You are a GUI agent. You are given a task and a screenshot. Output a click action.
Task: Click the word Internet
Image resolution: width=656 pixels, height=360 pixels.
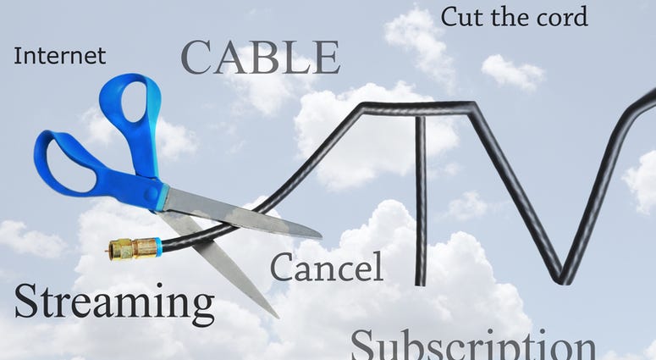(60, 56)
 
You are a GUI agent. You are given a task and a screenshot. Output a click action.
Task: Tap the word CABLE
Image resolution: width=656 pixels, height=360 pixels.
(260, 58)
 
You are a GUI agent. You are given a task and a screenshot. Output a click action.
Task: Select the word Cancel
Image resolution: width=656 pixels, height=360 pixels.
(327, 267)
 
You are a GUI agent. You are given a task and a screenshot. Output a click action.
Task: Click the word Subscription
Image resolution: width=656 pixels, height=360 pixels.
(473, 345)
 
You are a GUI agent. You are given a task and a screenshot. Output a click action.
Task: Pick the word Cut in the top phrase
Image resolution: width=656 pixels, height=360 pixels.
(463, 17)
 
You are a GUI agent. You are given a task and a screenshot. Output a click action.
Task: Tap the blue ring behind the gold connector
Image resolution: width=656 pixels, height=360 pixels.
(158, 246)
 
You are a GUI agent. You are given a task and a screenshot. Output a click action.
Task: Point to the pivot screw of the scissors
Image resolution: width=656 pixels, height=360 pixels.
(152, 194)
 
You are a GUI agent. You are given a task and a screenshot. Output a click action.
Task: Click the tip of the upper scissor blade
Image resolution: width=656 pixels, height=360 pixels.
(321, 237)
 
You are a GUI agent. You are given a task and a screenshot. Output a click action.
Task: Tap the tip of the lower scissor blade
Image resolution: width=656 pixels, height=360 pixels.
(278, 318)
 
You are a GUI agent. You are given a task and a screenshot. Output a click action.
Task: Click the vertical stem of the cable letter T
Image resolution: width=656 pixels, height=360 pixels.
(420, 201)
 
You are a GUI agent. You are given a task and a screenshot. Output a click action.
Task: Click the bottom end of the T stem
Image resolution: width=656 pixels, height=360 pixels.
(420, 285)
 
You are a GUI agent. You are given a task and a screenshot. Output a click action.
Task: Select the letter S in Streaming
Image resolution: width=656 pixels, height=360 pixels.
(26, 301)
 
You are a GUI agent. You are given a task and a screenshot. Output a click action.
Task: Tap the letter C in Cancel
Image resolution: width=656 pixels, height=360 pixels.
(282, 267)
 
